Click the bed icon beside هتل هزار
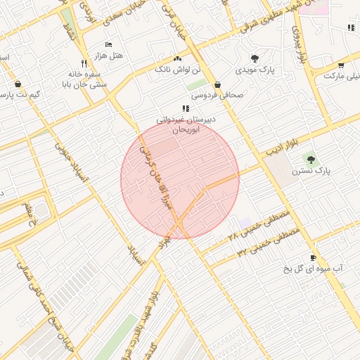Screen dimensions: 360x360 click(108, 44)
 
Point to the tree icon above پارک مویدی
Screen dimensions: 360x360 click(254, 59)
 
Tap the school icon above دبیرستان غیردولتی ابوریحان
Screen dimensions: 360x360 click(186, 108)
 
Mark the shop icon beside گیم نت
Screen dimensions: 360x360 click(18, 84)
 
